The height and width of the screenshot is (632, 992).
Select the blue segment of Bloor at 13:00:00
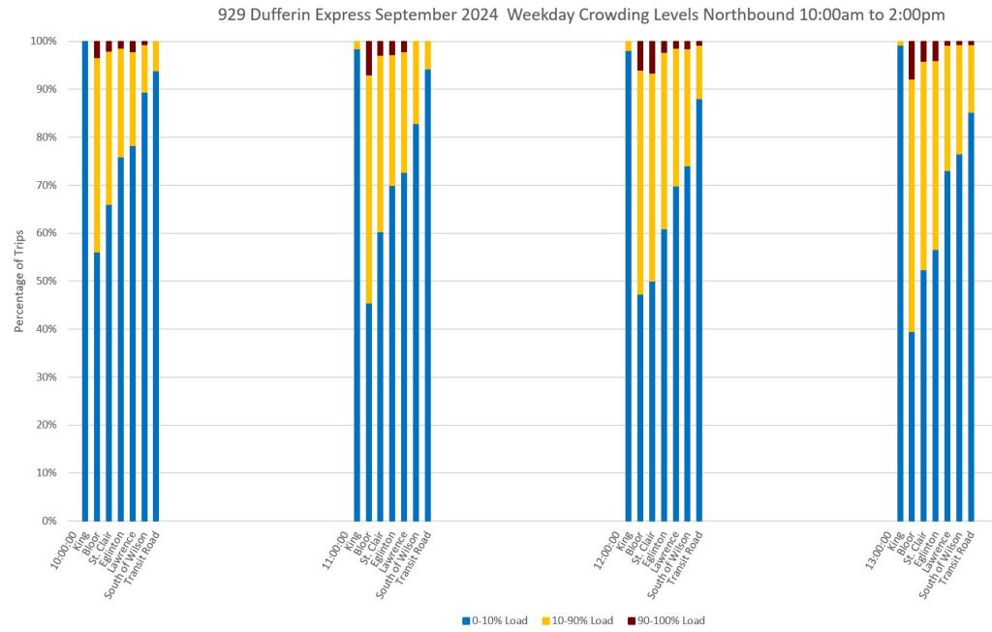pos(912,426)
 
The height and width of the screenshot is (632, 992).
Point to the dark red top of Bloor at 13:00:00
pos(912,60)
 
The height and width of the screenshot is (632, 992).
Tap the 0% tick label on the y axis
pos(48,521)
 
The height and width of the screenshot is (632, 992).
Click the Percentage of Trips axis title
pos(18,281)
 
